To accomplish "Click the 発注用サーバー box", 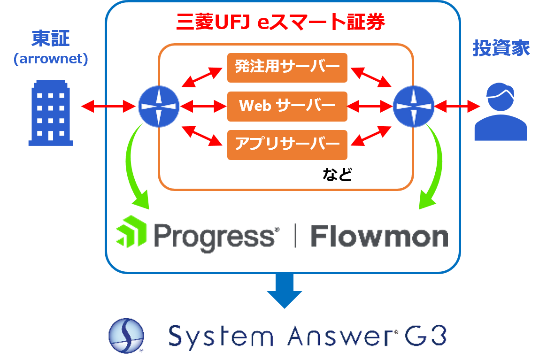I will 287,68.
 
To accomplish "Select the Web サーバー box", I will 287,106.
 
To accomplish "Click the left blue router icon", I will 159,107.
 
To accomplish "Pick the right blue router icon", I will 413,107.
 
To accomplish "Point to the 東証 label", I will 50,39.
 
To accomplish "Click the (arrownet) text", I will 51,60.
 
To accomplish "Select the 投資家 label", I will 501,48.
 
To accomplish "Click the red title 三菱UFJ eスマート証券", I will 281,22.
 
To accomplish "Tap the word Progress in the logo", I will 214,236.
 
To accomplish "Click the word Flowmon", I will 379,236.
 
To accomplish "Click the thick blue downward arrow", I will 284,291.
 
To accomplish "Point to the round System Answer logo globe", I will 126,335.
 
